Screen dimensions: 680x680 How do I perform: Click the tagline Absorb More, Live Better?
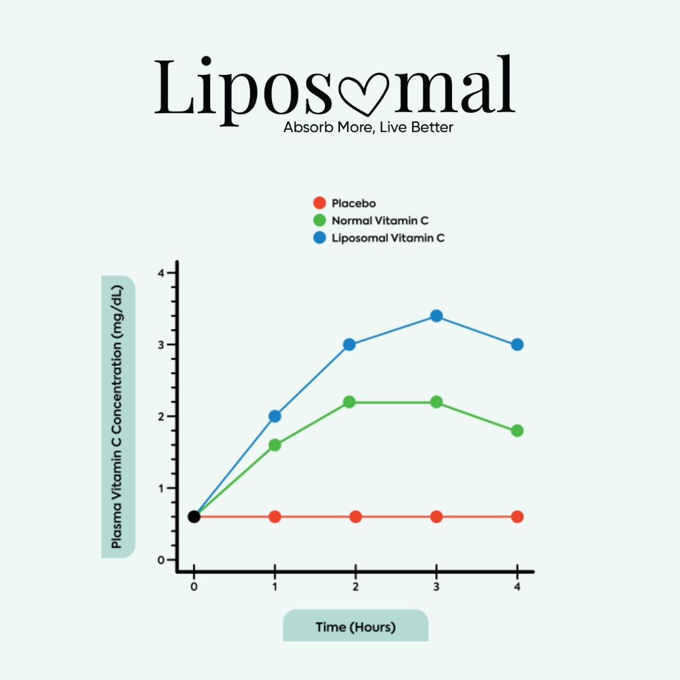(368, 127)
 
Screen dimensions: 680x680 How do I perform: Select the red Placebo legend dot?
(320, 203)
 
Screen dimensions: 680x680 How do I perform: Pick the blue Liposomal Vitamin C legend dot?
(320, 239)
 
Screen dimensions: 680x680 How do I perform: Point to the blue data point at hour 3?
(436, 315)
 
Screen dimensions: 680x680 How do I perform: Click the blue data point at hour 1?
(275, 416)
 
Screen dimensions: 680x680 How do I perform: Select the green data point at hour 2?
(349, 402)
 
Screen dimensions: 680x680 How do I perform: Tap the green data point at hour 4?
(517, 431)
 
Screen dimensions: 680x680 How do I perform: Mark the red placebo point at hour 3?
(436, 516)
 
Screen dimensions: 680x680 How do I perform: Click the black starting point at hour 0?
(194, 516)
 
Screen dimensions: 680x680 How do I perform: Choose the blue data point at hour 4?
(517, 344)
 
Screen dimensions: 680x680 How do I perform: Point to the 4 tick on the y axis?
(161, 273)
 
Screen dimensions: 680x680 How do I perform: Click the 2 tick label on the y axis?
(161, 417)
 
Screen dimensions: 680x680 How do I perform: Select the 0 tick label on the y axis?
(161, 560)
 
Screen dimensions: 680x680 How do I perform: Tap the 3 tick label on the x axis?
(436, 586)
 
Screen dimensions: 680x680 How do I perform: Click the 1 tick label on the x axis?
(275, 586)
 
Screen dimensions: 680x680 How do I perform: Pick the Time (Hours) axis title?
(356, 627)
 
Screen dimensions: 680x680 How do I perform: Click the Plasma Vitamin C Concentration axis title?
(117, 417)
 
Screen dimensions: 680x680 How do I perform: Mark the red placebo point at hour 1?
(275, 516)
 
